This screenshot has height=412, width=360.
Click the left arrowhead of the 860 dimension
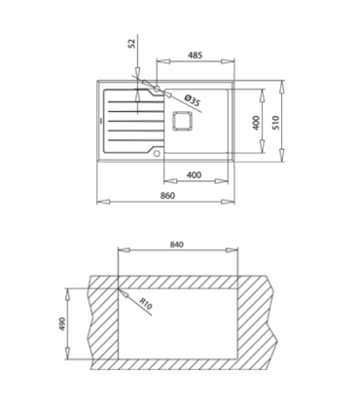click(x=100, y=203)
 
